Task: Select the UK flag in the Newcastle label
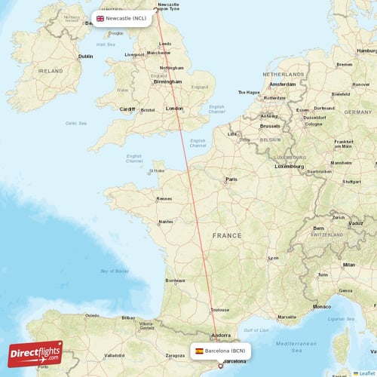pos(100,18)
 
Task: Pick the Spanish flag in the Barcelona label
pos(199,351)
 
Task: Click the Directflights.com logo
pos(35,354)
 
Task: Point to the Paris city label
pos(231,179)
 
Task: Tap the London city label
pos(174,109)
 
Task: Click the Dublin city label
pos(86,56)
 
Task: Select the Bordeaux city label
pos(175,280)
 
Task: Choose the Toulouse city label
pos(219,309)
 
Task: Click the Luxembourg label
pos(289,166)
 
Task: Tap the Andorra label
pos(222,336)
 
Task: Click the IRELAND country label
pos(51,70)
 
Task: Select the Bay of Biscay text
pos(115,271)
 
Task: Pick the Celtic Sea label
pos(76,123)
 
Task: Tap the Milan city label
pos(348,265)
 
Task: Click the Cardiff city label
pos(127,109)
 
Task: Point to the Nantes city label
pos(166,222)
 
